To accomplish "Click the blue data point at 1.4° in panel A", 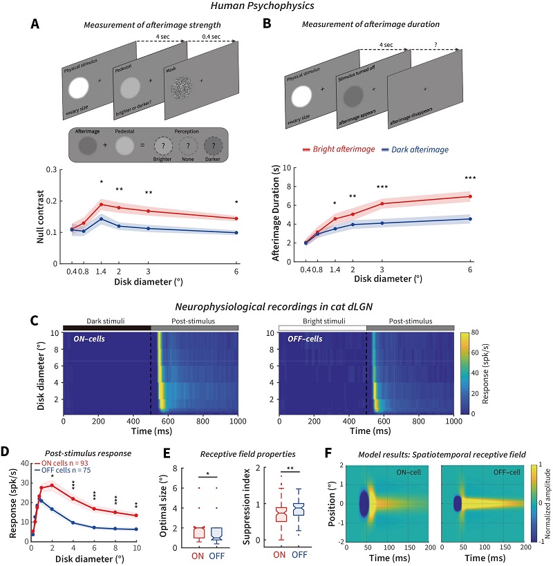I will [x=101, y=219].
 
